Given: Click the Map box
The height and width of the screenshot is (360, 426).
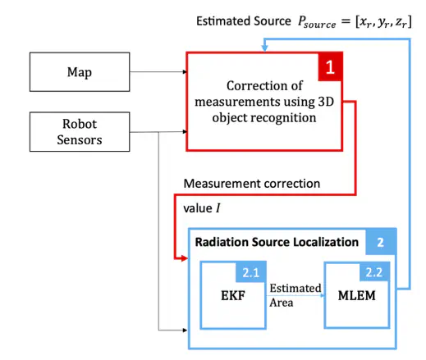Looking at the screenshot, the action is (x=80, y=72).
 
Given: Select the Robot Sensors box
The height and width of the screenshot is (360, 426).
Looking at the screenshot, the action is (x=80, y=132).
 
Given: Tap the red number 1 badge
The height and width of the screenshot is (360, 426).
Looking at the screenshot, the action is (x=330, y=66).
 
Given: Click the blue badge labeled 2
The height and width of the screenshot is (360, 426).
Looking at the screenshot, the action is (x=381, y=242).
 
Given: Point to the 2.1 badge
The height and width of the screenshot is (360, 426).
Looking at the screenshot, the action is (x=251, y=272).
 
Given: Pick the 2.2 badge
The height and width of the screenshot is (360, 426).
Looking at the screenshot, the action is (x=374, y=272).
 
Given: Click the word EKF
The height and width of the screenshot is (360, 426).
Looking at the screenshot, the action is (x=233, y=295).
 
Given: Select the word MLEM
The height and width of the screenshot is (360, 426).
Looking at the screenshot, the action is (x=357, y=295).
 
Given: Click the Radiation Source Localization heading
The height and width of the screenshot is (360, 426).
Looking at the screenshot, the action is (x=277, y=242).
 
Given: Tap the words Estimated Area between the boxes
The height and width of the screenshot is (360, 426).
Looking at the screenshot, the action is (x=295, y=295).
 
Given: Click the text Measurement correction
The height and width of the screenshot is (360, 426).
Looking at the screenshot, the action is (x=252, y=184).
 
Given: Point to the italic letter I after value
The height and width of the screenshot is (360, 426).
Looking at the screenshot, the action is (x=218, y=208).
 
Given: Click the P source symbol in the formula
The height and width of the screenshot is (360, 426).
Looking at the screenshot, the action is (x=317, y=22).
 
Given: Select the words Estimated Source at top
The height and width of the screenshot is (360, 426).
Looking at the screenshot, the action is (x=244, y=21).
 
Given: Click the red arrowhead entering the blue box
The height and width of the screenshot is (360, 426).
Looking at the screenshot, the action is (x=184, y=258).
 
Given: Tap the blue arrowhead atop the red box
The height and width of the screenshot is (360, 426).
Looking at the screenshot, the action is (x=264, y=48).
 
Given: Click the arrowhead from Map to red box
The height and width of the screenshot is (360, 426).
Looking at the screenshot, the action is (x=185, y=72).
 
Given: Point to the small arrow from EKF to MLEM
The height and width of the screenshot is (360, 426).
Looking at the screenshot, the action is (x=296, y=295).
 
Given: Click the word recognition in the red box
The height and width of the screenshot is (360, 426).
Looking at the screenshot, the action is (x=283, y=118).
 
